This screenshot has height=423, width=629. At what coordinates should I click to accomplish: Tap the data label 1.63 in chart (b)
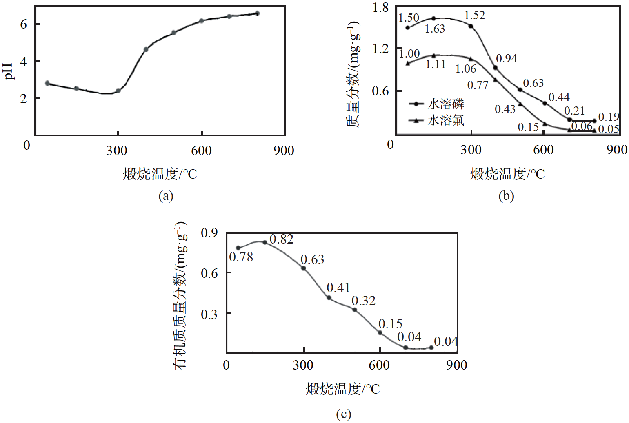(x=434, y=29)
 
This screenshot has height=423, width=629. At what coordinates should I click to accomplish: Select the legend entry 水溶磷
(x=446, y=104)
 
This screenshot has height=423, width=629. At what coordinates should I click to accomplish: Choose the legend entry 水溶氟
(x=446, y=120)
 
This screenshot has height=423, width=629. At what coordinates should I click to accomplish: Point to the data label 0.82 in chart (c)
(x=282, y=239)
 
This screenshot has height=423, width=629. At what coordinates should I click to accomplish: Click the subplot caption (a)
(x=166, y=196)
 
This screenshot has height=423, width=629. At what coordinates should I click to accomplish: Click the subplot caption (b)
(x=506, y=196)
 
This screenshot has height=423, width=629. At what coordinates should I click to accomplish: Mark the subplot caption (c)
(x=343, y=414)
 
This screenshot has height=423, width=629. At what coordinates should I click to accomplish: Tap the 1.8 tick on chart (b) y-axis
(x=380, y=8)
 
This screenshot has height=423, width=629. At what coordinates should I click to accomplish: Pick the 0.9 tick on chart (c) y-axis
(x=209, y=233)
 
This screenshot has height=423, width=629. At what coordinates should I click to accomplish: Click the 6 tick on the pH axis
(x=24, y=24)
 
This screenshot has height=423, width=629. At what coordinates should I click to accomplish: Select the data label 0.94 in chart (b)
(x=507, y=59)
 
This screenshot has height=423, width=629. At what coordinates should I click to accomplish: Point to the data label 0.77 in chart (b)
(x=478, y=85)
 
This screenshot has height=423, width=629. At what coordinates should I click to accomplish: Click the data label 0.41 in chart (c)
(x=338, y=288)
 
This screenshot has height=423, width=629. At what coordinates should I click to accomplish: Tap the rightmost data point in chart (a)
(x=257, y=13)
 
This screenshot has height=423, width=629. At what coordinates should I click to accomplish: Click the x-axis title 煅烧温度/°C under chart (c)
(x=342, y=389)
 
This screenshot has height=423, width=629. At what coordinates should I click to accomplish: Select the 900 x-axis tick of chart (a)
(x=284, y=151)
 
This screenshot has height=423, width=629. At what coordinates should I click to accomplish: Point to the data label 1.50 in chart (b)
(x=409, y=18)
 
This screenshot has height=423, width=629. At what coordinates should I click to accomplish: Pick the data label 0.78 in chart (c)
(x=241, y=257)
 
